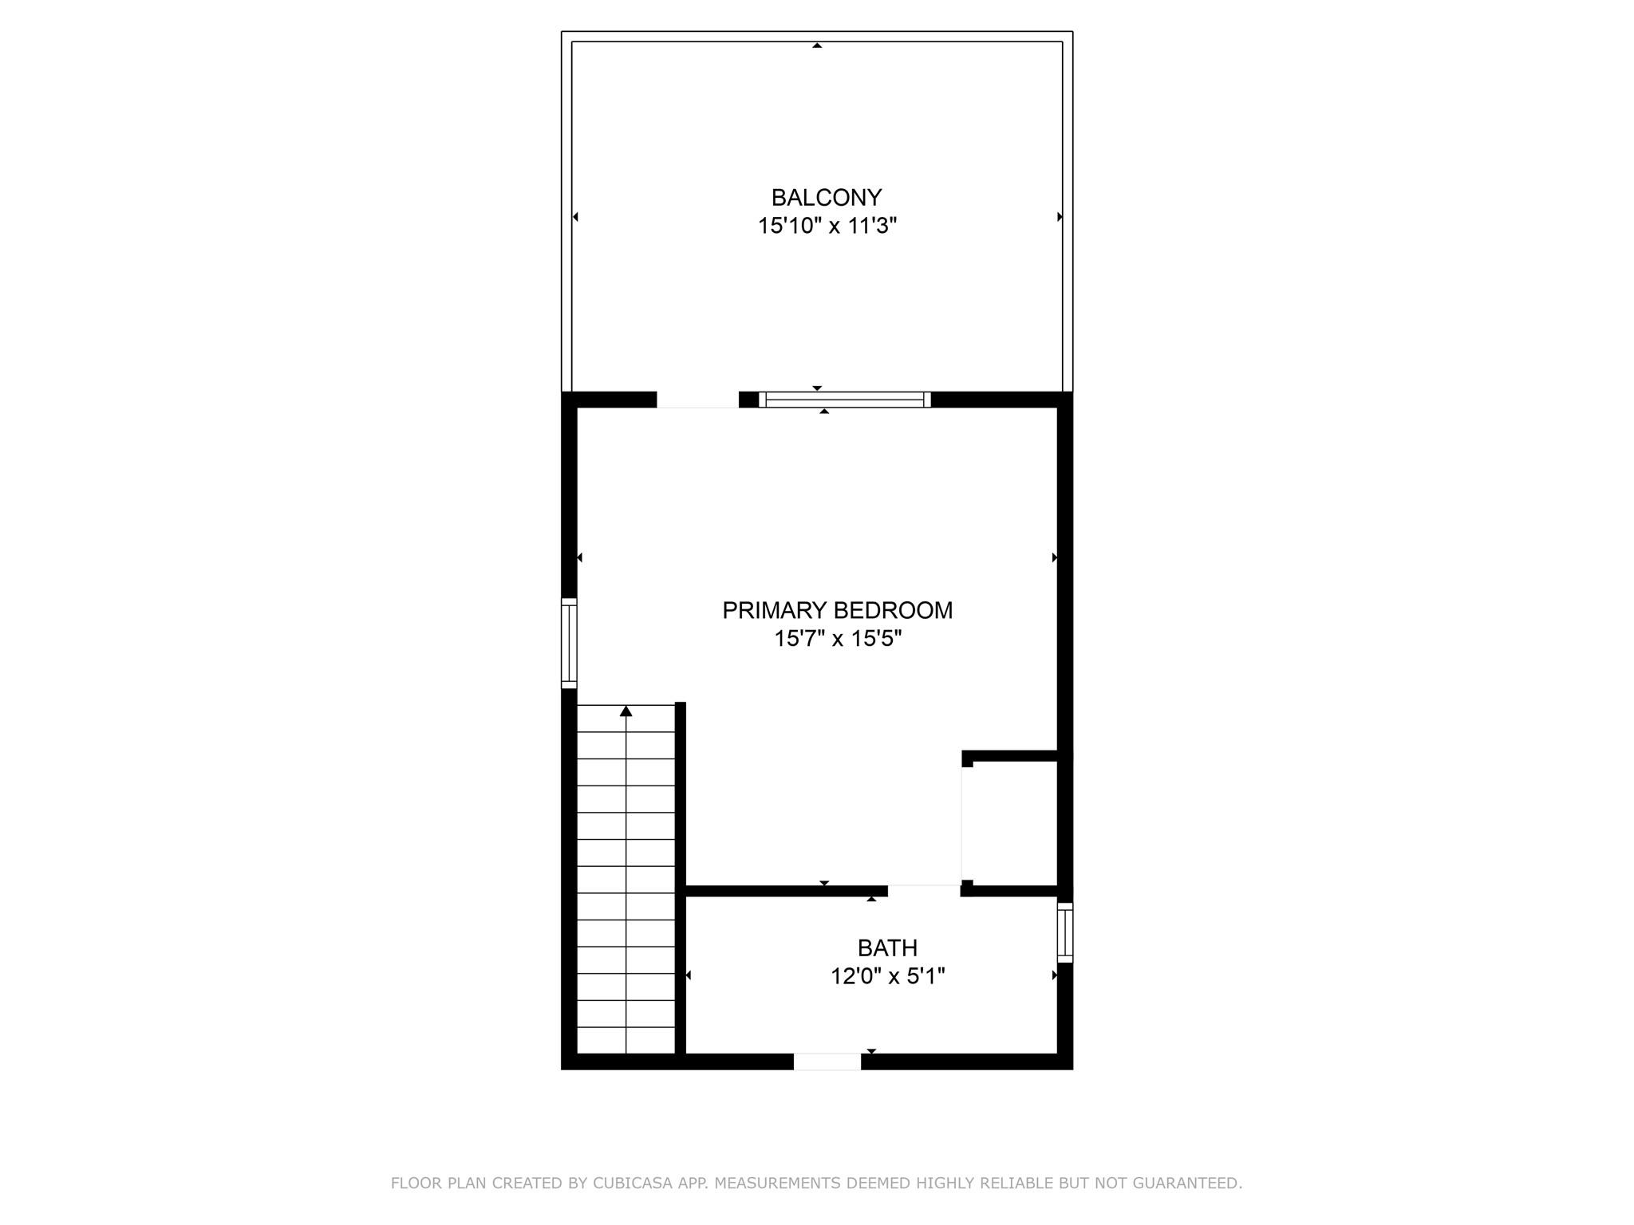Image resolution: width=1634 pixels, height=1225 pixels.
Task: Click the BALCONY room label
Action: click(826, 197)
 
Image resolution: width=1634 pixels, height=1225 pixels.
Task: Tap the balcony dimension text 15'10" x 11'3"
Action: click(827, 226)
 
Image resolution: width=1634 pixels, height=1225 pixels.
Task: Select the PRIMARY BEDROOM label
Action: click(837, 610)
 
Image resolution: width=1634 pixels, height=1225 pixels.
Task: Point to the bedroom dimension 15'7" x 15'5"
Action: click(837, 639)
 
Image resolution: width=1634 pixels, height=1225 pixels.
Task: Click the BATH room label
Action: click(887, 947)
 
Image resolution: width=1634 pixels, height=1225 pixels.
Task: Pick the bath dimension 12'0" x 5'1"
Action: click(887, 976)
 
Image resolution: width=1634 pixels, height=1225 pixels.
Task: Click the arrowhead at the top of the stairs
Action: click(626, 711)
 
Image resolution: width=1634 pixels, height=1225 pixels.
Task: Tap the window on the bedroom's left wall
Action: click(569, 643)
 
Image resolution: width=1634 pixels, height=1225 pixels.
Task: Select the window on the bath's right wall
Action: click(1065, 932)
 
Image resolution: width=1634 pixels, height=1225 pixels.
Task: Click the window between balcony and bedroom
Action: click(844, 400)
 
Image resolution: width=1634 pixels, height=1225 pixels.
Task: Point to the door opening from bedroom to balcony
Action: click(697, 400)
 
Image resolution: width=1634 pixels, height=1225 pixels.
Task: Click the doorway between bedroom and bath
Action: click(924, 891)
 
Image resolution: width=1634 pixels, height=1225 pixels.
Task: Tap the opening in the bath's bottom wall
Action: click(827, 1062)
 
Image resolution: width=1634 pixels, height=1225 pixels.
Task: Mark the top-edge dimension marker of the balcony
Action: click(817, 45)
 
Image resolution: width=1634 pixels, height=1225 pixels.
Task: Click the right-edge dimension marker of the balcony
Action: click(1060, 217)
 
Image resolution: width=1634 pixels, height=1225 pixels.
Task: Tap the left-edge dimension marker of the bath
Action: click(689, 975)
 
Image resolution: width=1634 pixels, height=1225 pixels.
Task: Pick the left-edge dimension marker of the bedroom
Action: click(580, 557)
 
